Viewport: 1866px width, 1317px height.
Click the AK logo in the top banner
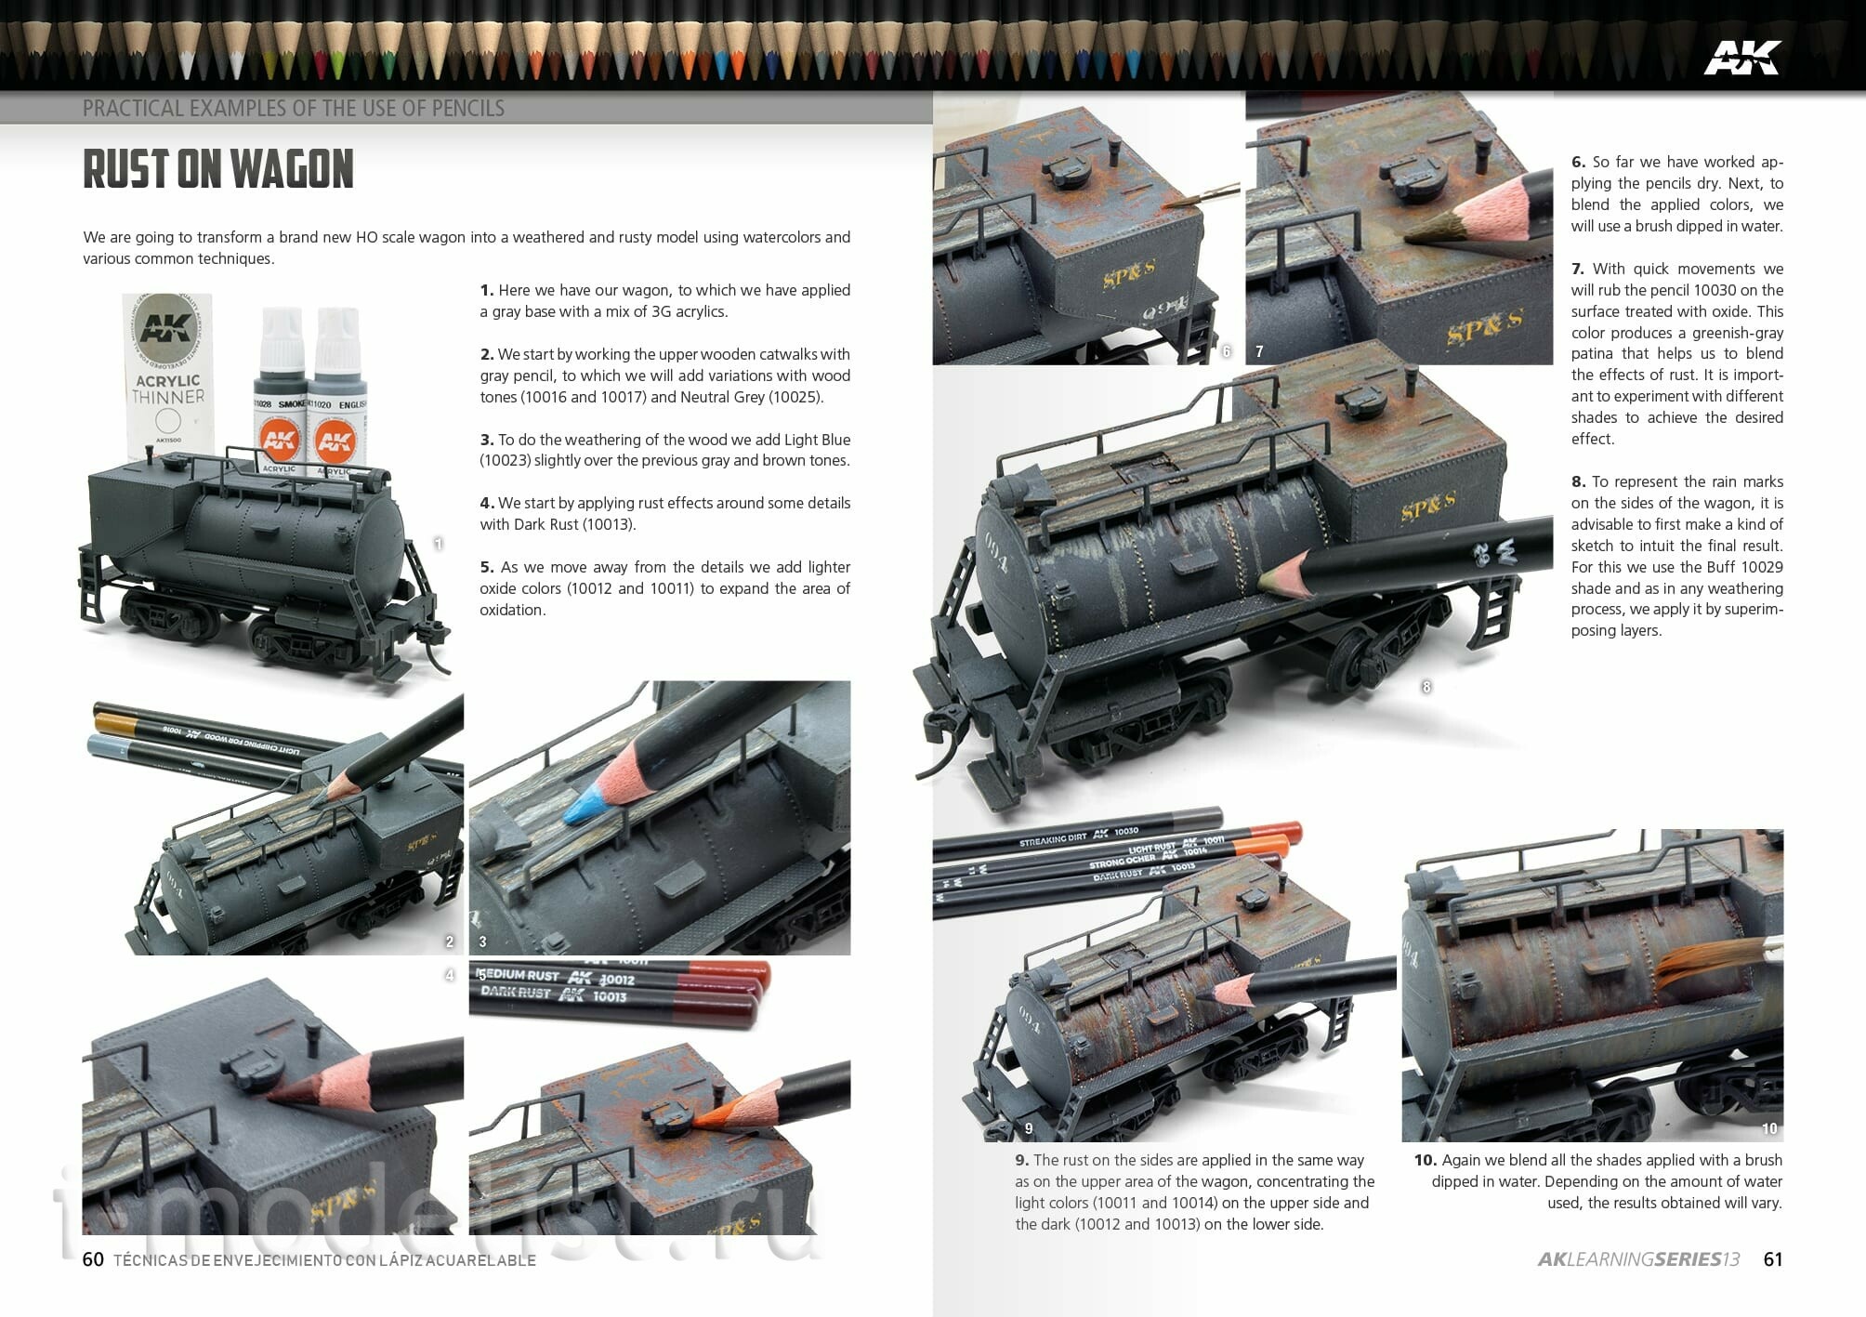(x=1741, y=58)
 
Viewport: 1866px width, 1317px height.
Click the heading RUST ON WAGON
(x=218, y=169)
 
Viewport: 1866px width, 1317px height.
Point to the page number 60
(x=93, y=1259)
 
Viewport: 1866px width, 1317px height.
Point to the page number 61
(x=1773, y=1259)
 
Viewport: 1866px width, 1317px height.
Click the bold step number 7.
(x=1578, y=269)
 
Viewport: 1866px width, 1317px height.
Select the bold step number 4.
(x=487, y=503)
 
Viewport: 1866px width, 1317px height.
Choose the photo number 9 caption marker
(x=1028, y=1128)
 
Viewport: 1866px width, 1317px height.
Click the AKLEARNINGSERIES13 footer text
(x=1638, y=1259)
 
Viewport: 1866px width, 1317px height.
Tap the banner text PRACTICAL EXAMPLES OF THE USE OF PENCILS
(x=294, y=108)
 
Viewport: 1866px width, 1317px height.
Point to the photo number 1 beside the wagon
(x=439, y=544)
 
